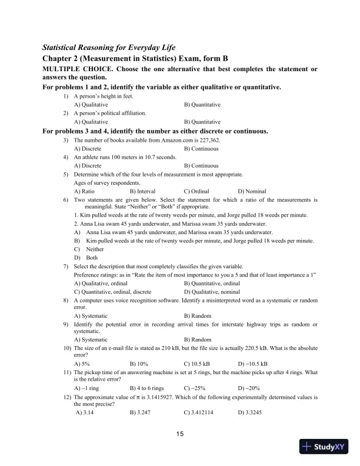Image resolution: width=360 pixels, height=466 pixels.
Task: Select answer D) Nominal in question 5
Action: point(252,191)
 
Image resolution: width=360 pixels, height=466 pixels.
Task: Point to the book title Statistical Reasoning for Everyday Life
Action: point(109,47)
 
